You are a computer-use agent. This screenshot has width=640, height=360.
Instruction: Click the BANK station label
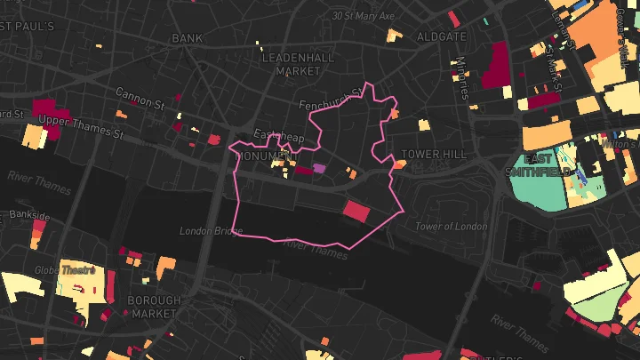(187, 38)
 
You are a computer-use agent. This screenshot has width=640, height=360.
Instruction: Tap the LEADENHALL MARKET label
(290, 63)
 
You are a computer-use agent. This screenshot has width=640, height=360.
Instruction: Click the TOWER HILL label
(433, 154)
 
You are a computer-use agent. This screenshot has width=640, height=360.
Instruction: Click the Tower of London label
(452, 226)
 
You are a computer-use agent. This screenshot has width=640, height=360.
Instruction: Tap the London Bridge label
(211, 231)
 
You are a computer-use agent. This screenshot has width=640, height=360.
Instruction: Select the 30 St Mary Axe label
(362, 15)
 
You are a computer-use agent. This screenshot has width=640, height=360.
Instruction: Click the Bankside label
(29, 215)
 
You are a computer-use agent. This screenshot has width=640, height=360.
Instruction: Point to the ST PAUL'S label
(28, 27)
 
